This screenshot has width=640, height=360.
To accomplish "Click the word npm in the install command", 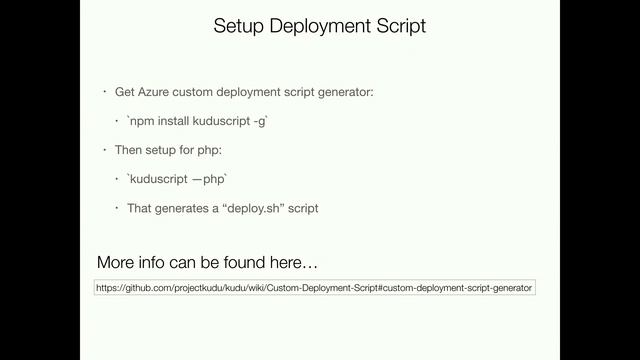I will click(143, 121).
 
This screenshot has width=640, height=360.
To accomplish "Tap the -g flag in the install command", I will click(263, 121).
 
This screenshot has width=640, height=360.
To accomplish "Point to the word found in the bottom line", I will click(233, 263).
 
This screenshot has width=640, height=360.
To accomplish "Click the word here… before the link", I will click(295, 263).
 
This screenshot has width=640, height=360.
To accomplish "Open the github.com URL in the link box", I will click(315, 288).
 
